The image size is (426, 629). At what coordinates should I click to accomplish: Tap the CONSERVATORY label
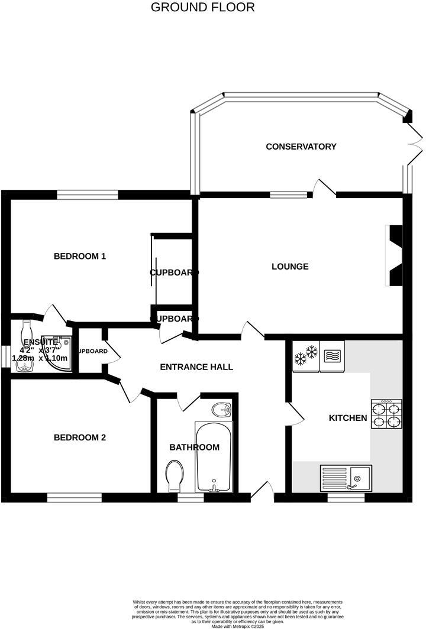pos(301,147)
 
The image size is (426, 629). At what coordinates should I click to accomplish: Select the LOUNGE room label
pos(290,267)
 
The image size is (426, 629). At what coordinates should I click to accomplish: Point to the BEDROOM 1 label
pos(79,257)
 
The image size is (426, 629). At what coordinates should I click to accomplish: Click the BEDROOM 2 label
pos(79,438)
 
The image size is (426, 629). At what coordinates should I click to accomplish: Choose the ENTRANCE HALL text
pos(196,367)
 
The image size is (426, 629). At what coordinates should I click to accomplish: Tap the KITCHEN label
pos(348,419)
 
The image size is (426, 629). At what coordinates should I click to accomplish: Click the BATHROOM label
pos(194,448)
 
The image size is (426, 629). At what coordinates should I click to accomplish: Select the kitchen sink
pos(346,478)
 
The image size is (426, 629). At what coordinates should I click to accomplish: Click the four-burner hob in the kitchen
pos(386,414)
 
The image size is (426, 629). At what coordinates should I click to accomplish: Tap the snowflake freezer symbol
pos(306,355)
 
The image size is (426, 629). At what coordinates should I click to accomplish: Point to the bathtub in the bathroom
pos(214,456)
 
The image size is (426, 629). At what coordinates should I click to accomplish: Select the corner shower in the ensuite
pos(62,353)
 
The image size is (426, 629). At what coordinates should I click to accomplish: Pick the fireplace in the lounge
pos(394,256)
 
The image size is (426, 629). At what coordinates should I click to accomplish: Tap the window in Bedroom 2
pos(74,498)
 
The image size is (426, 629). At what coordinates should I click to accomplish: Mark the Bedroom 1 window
pos(88,194)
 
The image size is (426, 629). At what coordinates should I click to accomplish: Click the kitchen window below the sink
pos(346,498)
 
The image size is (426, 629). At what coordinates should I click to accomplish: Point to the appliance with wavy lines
pos(331,355)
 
